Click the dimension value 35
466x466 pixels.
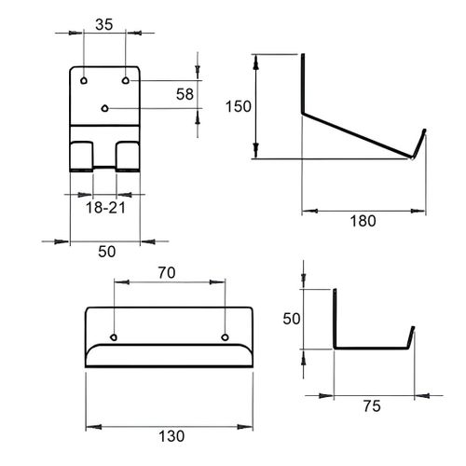(x=104, y=25)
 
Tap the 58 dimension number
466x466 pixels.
(x=185, y=94)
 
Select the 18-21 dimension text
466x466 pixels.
(x=105, y=208)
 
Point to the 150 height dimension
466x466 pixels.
(x=239, y=106)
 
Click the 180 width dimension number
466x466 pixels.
(x=363, y=221)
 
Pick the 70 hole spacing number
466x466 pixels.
(x=167, y=273)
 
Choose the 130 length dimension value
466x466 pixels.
(x=171, y=436)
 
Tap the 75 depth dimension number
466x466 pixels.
(x=372, y=406)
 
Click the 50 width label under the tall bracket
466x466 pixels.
(x=107, y=252)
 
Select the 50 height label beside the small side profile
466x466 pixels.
(x=292, y=319)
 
